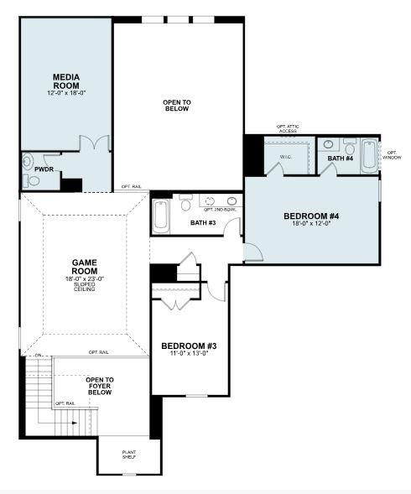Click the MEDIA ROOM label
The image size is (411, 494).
pos(65,81)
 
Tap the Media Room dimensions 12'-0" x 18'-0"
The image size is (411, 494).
pos(65,94)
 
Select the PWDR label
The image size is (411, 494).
pos(44,169)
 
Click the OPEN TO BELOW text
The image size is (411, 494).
pos(177,105)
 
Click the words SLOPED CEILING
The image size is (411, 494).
pos(83,287)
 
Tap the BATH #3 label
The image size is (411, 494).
pos(203,222)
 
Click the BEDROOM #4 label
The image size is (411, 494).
pos(311,216)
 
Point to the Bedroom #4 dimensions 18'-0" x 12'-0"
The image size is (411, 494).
pos(311,224)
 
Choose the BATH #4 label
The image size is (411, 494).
pos(341,158)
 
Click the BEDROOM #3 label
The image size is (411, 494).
pos(189,346)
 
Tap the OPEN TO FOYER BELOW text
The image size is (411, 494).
pos(99,386)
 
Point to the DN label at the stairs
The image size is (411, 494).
pos(39,356)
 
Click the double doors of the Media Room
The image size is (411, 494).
pos(99,143)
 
